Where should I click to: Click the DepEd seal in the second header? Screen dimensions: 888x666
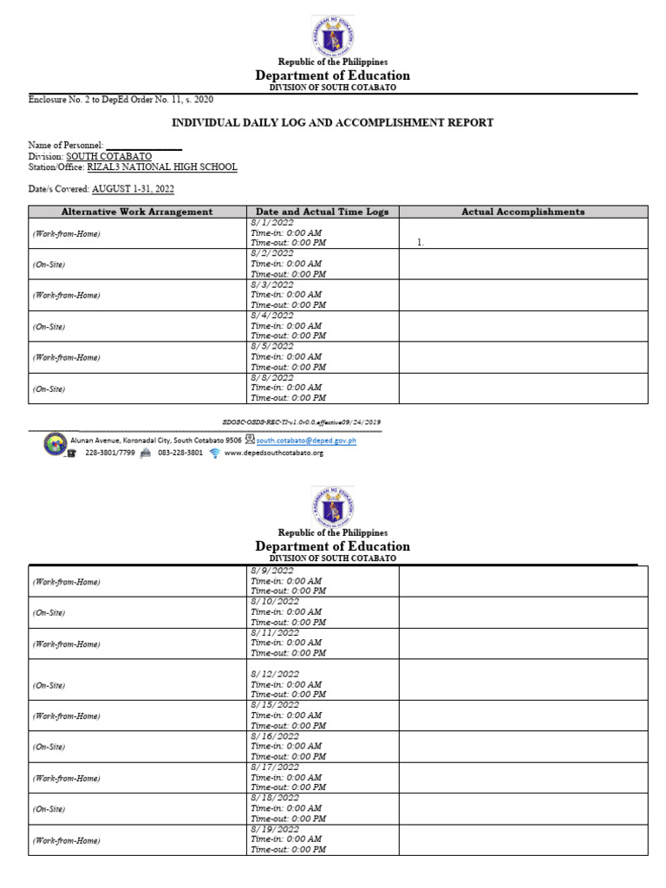[x=332, y=506]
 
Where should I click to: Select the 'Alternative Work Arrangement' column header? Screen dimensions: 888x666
[x=137, y=212]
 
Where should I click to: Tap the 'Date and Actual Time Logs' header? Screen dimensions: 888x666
[x=323, y=212]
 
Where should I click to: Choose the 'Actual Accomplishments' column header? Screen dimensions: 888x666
[x=523, y=212]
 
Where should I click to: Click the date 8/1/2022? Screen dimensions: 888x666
[x=271, y=223]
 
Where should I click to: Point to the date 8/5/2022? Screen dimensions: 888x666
[x=271, y=346]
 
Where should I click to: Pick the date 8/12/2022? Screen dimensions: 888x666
[x=275, y=674]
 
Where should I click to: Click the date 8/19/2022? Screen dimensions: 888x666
[x=275, y=829]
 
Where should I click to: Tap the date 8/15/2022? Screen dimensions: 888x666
[x=275, y=705]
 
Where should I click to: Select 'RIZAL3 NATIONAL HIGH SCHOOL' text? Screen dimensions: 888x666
[x=162, y=167]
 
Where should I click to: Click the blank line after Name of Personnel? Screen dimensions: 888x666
[x=143, y=146]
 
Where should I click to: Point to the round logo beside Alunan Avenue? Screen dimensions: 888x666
[x=54, y=443]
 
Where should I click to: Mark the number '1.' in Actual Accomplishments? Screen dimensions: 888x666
[x=421, y=244]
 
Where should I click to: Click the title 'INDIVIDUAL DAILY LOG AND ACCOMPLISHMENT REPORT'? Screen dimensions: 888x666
[x=332, y=122]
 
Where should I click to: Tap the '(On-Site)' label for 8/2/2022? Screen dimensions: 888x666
[x=49, y=264]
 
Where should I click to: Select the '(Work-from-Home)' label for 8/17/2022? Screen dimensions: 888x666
[x=66, y=778]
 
